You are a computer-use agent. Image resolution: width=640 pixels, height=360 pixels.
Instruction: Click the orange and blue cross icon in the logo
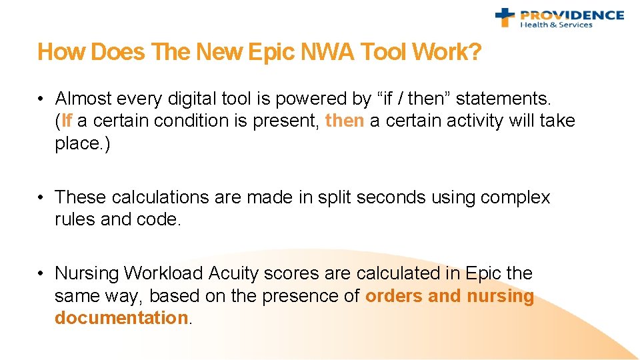click(x=505, y=17)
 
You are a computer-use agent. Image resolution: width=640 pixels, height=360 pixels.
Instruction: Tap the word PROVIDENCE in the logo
click(x=572, y=15)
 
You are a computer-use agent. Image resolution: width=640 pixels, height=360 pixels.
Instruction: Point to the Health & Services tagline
click(x=556, y=25)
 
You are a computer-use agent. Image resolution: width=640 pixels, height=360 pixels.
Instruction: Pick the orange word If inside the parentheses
click(x=66, y=121)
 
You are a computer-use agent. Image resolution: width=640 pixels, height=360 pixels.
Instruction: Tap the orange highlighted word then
click(x=345, y=121)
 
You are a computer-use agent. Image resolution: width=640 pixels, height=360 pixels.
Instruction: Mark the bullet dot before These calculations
click(x=41, y=197)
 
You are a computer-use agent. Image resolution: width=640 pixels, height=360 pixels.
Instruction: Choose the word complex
click(x=517, y=197)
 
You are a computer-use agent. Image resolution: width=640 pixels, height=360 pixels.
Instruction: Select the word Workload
click(x=164, y=273)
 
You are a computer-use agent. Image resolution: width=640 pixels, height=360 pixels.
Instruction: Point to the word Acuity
click(x=234, y=273)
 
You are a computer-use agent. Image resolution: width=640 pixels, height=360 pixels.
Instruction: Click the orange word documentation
click(x=122, y=317)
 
